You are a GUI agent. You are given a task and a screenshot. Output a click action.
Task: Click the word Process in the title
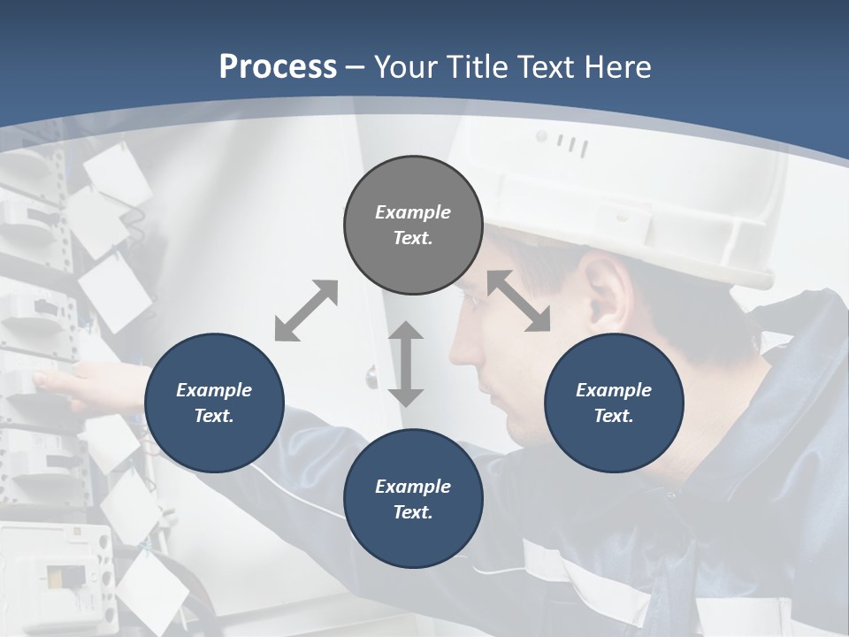click(278, 66)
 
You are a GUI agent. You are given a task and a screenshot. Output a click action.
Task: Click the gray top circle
click(413, 225)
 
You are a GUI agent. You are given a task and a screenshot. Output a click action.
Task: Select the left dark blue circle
click(214, 403)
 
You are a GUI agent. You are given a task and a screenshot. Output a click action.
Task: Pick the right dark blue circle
click(614, 403)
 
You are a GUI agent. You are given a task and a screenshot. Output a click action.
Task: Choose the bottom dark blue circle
click(413, 499)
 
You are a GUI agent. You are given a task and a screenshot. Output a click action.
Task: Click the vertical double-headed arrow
click(406, 364)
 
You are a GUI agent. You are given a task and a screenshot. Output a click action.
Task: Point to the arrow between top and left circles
click(306, 311)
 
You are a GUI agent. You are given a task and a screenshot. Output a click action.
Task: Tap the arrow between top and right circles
click(518, 302)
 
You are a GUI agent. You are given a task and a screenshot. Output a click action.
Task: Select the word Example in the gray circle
click(413, 212)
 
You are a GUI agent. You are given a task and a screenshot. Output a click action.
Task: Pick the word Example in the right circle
click(614, 390)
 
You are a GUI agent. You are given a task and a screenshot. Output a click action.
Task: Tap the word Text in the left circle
click(213, 416)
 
